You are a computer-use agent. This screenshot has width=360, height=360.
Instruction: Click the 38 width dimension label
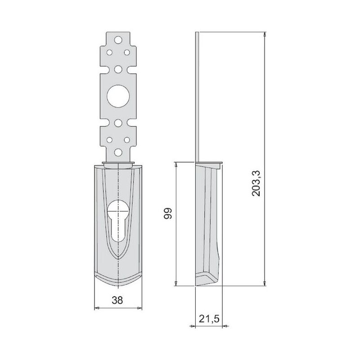pyautogui.click(x=117, y=300)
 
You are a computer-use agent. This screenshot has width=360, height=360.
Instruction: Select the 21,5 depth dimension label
pyautogui.click(x=209, y=319)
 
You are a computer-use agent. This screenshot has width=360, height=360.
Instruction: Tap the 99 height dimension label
pyautogui.click(x=168, y=213)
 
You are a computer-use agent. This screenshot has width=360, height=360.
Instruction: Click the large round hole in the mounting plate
pyautogui.click(x=118, y=96)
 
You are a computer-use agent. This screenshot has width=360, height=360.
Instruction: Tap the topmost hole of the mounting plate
pyautogui.click(x=118, y=40)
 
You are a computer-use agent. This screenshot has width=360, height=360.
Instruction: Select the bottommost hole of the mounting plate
pyautogui.click(x=118, y=152)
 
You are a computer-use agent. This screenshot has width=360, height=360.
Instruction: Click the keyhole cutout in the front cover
pyautogui.click(x=118, y=221)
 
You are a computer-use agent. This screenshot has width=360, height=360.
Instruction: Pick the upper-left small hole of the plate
pyautogui.click(x=109, y=53)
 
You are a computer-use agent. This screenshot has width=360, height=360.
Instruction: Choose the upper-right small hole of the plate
pyautogui.click(x=127, y=53)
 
